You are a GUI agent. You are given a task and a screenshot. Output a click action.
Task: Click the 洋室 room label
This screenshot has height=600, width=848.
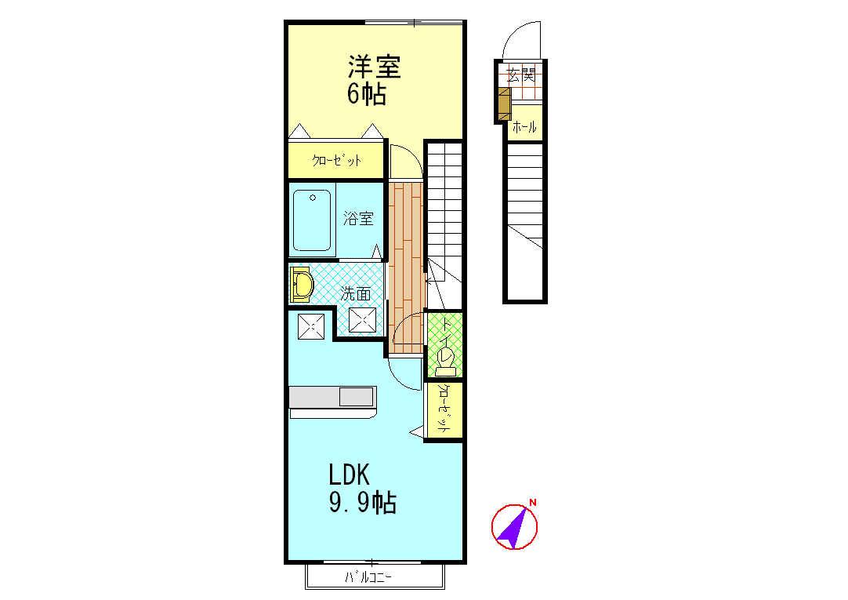click(374, 66)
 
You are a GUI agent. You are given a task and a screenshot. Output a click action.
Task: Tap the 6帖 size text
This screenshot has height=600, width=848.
click(366, 94)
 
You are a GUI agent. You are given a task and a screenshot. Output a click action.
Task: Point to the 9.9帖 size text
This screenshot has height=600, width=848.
click(361, 502)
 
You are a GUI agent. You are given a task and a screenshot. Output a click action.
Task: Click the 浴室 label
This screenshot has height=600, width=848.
click(358, 220)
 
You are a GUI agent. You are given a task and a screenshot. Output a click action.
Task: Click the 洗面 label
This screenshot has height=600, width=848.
click(356, 294)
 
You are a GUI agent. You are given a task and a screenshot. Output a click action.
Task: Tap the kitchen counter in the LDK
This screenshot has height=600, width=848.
click(332, 398)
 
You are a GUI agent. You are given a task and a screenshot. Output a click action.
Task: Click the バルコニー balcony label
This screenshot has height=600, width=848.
click(368, 579)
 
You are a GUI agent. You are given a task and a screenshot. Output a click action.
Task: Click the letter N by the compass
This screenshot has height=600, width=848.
click(533, 502)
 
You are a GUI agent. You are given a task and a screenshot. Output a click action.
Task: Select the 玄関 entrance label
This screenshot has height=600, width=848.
click(520, 75)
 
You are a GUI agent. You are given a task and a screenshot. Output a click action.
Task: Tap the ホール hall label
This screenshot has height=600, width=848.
click(524, 127)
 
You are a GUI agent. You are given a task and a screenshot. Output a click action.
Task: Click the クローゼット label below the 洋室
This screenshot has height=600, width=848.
click(337, 161)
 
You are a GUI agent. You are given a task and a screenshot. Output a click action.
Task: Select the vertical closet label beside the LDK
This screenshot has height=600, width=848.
click(443, 409)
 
